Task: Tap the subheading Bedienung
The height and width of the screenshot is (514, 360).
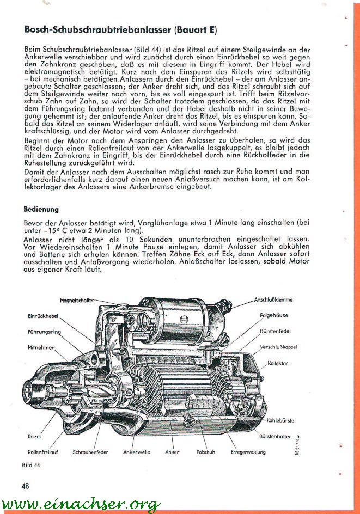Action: (x=41, y=209)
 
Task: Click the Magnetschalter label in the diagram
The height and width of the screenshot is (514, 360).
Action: (x=77, y=300)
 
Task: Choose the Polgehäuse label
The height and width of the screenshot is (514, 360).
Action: (x=274, y=315)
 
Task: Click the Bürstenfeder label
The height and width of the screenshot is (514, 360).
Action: (x=276, y=331)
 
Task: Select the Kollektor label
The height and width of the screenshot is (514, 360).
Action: (x=278, y=363)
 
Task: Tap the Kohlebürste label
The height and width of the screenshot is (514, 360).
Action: (x=280, y=420)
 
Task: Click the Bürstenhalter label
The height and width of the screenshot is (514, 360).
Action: (x=276, y=437)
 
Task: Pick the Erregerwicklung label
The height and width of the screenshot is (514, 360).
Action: (x=248, y=452)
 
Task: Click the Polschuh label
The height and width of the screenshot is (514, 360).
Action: (x=206, y=452)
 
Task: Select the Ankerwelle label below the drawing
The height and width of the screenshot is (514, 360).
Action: (x=137, y=452)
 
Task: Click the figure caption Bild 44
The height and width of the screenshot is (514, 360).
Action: (x=31, y=466)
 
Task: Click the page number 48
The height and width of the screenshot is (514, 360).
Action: (x=26, y=486)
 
